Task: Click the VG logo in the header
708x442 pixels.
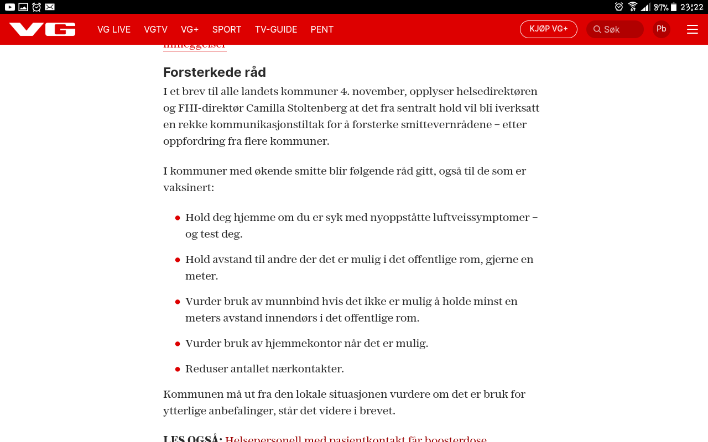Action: pyautogui.click(x=42, y=29)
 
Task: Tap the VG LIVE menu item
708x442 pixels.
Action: pyautogui.click(x=114, y=29)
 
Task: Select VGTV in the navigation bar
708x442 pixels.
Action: pyautogui.click(x=155, y=29)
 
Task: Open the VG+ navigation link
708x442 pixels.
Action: pyautogui.click(x=190, y=29)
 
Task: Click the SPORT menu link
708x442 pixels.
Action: pyautogui.click(x=227, y=29)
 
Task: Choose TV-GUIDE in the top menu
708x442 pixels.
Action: pyautogui.click(x=276, y=29)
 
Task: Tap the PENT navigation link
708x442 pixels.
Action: pyautogui.click(x=322, y=29)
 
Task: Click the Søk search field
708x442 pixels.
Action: pyautogui.click(x=615, y=29)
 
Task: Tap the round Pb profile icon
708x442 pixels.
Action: pyautogui.click(x=662, y=29)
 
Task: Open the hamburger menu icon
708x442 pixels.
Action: pyautogui.click(x=693, y=29)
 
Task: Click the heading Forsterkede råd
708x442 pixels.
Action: pyautogui.click(x=215, y=72)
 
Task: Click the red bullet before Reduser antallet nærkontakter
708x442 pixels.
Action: pyautogui.click(x=178, y=369)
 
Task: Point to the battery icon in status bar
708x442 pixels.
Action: pyautogui.click(x=674, y=7)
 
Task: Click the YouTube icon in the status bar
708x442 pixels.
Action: pyautogui.click(x=10, y=7)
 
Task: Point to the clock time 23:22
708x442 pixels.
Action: pyautogui.click(x=692, y=7)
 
